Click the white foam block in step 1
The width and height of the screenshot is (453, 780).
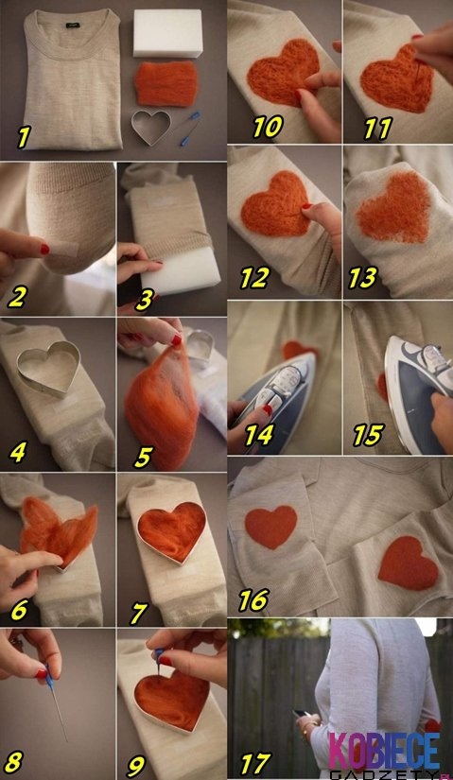tap(167, 32)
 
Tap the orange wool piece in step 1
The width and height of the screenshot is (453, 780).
tap(166, 83)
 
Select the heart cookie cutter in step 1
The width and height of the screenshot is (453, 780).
tap(150, 126)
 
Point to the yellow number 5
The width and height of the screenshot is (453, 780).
tap(143, 457)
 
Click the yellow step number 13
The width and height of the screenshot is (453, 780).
tap(362, 278)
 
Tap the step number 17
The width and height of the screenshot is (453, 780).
tap(255, 763)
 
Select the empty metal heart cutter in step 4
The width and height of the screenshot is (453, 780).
tap(48, 367)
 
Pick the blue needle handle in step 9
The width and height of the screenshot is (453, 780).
tap(159, 654)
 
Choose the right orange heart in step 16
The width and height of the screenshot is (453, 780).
tap(409, 563)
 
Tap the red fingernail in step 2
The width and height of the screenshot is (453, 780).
tap(44, 249)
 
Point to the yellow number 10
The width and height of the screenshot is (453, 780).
tap(268, 127)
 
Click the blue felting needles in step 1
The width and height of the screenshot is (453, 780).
tap(189, 129)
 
